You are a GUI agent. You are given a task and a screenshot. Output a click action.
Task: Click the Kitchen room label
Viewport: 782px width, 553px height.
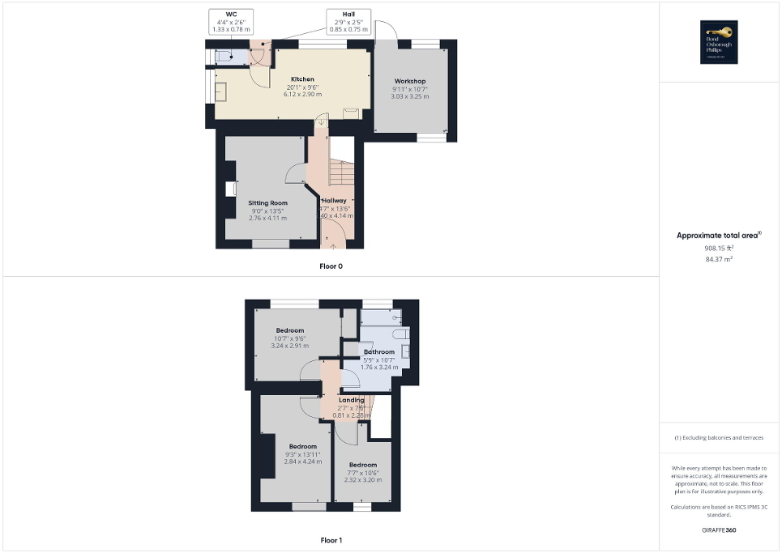point(302,79)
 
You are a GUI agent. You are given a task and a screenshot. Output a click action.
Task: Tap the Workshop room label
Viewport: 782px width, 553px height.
point(410,81)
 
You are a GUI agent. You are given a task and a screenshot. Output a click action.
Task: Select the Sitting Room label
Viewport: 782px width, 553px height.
point(267,202)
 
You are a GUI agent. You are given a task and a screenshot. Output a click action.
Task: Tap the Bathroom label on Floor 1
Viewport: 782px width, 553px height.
point(379,352)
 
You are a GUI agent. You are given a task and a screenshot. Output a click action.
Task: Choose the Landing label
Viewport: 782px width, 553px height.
point(351,400)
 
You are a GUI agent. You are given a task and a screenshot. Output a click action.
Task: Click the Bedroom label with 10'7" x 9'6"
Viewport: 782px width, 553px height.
point(289,330)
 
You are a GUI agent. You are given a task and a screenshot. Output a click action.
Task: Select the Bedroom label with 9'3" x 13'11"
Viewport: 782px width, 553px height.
point(302,446)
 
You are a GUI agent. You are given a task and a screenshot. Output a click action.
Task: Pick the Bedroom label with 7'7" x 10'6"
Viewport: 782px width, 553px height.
point(363,465)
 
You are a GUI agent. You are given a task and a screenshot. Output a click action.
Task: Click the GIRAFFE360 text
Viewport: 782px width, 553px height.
point(719,530)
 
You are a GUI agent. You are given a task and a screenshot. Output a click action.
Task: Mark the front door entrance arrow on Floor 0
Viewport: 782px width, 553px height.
point(333,246)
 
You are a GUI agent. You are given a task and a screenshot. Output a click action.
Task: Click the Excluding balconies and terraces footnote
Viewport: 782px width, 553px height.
point(719,438)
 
